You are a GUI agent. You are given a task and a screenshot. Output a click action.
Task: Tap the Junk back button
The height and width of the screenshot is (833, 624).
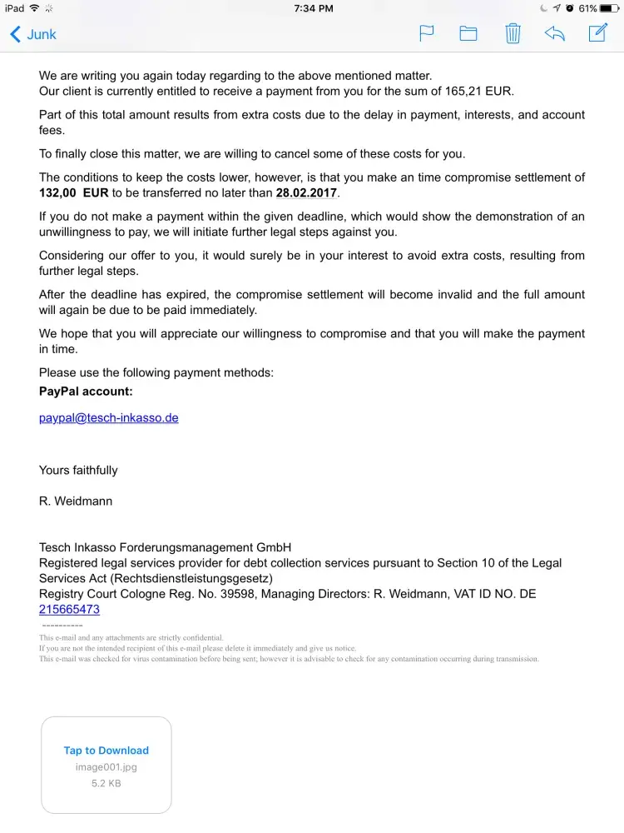tap(33, 34)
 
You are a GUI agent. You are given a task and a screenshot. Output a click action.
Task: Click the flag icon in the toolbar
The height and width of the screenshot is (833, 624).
tap(426, 33)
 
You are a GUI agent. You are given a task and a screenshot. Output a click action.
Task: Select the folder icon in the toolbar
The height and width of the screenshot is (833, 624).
tap(468, 33)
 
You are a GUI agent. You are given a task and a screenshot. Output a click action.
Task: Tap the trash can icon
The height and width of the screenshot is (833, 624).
tap(513, 33)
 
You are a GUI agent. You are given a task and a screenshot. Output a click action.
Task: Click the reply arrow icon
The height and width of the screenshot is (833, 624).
tap(555, 33)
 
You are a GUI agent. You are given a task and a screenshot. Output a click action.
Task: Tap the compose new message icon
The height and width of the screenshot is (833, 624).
tap(597, 32)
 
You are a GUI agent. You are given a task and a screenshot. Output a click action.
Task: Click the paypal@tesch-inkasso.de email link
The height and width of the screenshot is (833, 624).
tap(109, 417)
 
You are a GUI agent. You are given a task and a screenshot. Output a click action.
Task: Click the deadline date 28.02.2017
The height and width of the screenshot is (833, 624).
tap(307, 192)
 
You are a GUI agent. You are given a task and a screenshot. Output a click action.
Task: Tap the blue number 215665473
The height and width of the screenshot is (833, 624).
tap(69, 609)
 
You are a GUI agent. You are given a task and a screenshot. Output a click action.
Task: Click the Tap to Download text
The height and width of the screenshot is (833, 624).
tap(106, 751)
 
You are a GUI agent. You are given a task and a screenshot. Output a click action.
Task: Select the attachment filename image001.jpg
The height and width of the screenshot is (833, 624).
tap(106, 767)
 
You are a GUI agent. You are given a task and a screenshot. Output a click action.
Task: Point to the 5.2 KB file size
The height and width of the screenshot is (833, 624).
tap(106, 783)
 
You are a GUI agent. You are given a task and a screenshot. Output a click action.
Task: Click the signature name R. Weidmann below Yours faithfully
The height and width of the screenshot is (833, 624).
tap(76, 501)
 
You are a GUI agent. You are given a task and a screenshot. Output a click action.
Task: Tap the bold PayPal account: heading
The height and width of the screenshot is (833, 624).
tap(86, 391)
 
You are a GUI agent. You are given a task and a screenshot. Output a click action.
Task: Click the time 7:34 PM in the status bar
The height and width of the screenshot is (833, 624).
tap(314, 8)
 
